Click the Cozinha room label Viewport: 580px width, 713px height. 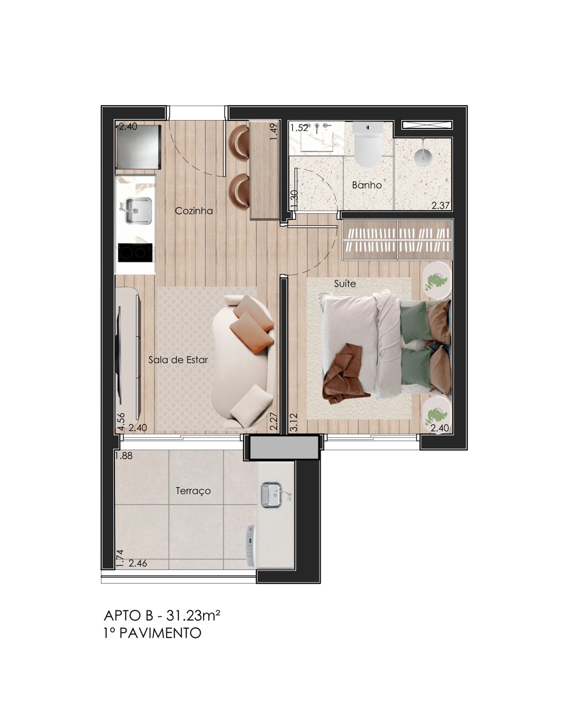(194, 211)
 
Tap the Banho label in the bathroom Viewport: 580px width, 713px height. (367, 185)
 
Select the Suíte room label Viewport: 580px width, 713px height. (345, 284)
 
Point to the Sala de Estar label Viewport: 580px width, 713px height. (178, 360)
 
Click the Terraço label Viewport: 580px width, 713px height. (193, 491)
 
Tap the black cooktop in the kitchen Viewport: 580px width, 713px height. (135, 253)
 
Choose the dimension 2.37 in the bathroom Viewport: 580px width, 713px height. (441, 205)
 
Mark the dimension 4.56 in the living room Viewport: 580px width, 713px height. (121, 422)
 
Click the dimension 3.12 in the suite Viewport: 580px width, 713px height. (293, 422)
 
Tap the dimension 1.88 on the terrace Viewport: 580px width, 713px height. (124, 456)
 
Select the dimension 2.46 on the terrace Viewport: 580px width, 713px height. (138, 564)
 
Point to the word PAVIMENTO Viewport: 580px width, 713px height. (160, 633)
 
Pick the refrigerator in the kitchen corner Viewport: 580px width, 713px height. (138, 147)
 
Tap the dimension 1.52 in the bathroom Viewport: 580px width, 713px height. (300, 128)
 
